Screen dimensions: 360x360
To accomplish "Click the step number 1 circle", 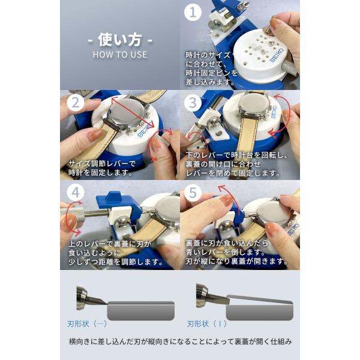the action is [193, 12].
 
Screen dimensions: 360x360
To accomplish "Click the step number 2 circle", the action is [76, 103].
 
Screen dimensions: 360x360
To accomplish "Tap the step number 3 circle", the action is [193, 103].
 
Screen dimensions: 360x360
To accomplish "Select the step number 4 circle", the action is [76, 193].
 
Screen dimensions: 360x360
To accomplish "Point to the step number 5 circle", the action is [193, 193].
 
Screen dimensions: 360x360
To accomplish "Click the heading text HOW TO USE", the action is [120, 55].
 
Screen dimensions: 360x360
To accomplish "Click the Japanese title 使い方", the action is [120, 40].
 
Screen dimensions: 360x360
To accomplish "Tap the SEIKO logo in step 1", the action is [277, 55].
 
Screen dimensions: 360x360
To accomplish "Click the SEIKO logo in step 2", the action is [145, 130].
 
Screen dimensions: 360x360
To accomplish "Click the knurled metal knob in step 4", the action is [72, 212].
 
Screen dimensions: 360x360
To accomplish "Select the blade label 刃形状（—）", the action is [87, 324].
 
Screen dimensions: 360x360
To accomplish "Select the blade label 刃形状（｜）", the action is [207, 324].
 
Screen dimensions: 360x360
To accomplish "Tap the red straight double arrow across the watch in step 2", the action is [133, 112].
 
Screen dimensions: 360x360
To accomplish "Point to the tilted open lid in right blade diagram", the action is [259, 299].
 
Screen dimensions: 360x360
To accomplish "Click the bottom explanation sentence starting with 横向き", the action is [180, 341].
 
